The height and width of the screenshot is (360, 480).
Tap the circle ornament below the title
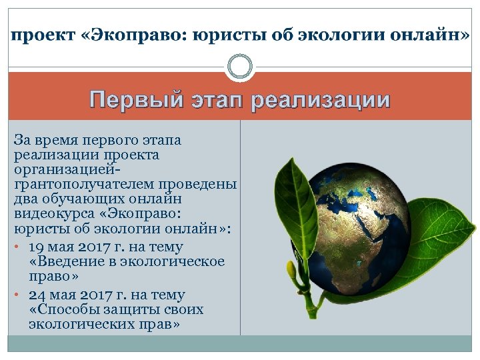[240, 67]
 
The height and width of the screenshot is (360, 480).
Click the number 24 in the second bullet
[39, 295]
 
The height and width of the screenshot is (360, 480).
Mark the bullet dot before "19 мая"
[17, 247]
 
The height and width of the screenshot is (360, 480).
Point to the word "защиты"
[126, 310]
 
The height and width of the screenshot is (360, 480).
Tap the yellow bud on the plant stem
[291, 270]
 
